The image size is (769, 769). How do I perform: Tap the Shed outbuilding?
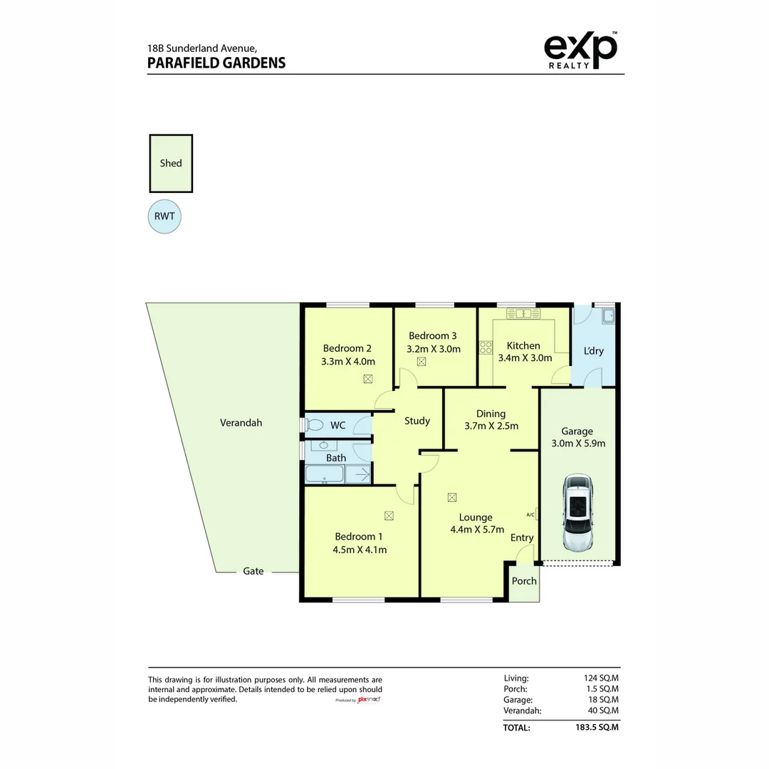171,163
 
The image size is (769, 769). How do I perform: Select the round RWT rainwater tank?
164,216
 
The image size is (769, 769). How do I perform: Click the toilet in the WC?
314,424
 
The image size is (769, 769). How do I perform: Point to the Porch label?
524,581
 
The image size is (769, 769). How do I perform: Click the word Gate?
253,571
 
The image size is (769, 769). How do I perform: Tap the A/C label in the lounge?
530,515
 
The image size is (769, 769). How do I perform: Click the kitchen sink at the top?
523,313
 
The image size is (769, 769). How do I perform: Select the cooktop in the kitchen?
486,347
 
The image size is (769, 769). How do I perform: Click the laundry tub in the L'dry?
608,316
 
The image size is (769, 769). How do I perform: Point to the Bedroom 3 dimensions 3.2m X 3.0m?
434,349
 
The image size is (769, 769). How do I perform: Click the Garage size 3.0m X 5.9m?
578,444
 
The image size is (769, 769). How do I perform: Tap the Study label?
417,421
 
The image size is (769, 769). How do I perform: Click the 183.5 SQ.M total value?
597,727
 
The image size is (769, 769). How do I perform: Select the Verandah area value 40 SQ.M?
603,710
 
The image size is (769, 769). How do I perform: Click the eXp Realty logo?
581,51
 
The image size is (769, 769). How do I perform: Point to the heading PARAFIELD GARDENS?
216,63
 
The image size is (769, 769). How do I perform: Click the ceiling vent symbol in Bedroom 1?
389,516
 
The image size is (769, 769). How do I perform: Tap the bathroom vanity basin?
324,445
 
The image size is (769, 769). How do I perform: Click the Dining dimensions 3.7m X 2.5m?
491,426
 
